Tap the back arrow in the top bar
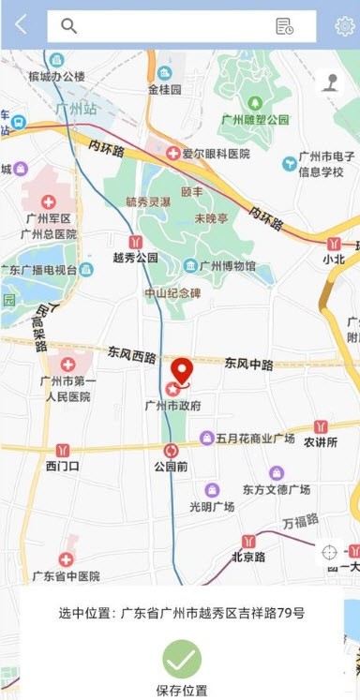coord(21,25)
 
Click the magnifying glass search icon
coord(68,26)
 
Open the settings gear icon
coord(344,26)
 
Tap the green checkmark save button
coord(182,660)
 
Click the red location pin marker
coord(182,372)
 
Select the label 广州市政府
coord(172,406)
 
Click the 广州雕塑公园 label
coord(255,119)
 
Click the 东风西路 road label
coord(132,355)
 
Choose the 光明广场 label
coord(212,507)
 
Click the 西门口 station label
coord(63,466)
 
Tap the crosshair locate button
coord(329,552)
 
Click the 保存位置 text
coord(182,691)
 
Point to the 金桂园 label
coord(164,90)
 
